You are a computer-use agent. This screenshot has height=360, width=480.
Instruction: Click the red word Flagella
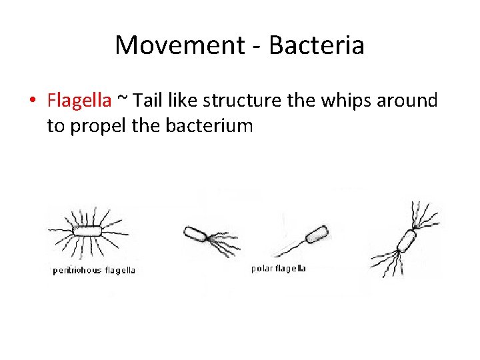coord(79,101)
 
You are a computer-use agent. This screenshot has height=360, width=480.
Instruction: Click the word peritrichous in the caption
coord(78,270)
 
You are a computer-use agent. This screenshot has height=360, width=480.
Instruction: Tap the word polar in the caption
coord(261,269)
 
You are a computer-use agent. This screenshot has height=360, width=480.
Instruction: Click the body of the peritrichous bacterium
coord(87,231)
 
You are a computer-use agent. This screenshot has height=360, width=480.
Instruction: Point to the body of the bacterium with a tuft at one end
coord(196,233)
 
